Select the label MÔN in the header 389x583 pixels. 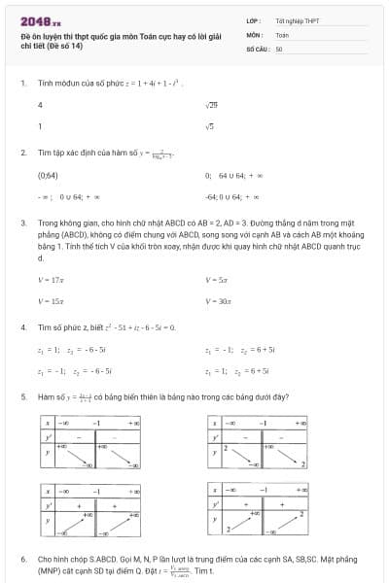(255, 34)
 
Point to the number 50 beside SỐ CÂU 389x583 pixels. (279, 48)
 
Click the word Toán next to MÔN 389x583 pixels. (282, 34)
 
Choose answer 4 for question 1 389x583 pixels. (40, 105)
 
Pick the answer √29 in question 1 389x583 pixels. (211, 105)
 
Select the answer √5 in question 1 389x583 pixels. (210, 126)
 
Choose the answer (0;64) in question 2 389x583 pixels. (48, 176)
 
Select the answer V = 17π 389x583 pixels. (51, 280)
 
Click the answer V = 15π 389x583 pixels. (51, 301)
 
